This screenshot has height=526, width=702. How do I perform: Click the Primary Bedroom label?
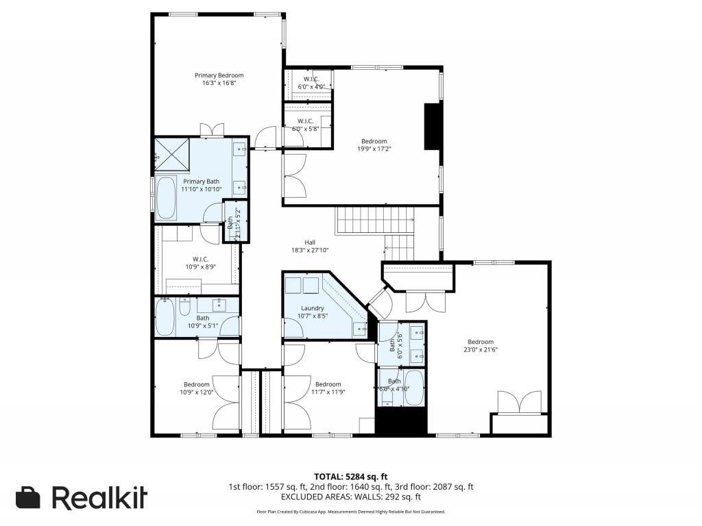click(x=219, y=75)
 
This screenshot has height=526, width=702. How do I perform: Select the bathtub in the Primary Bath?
click(x=167, y=198)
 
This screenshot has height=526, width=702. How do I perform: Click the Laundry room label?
click(x=312, y=308)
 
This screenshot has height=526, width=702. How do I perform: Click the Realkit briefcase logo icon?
click(x=28, y=497)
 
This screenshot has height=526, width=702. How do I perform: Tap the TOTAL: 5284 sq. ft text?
click(x=350, y=476)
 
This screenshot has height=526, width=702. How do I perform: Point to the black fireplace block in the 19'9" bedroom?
click(x=433, y=126)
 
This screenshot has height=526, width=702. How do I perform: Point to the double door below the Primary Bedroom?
click(x=211, y=130)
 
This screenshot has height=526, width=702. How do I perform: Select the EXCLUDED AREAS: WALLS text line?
click(x=350, y=497)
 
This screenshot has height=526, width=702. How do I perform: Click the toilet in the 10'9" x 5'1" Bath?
click(x=184, y=309)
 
